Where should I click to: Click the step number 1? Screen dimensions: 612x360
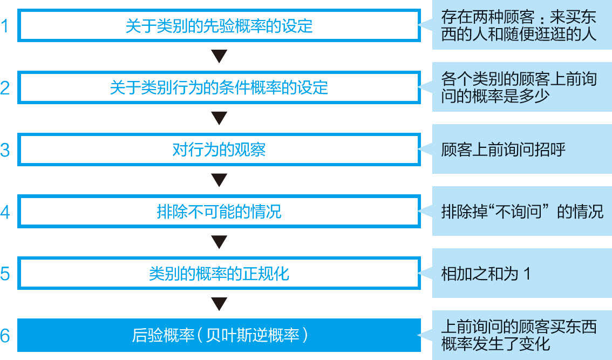tap(5, 26)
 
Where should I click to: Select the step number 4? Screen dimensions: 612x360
tap(5, 212)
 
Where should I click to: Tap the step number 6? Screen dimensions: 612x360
tap(5, 336)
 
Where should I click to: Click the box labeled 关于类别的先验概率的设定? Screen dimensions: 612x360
tap(219, 25)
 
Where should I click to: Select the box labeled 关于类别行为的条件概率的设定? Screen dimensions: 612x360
tap(219, 87)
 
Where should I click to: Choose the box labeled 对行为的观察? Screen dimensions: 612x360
tap(219, 150)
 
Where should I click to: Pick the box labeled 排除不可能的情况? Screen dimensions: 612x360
tap(219, 212)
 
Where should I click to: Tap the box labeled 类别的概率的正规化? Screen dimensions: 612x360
tap(219, 274)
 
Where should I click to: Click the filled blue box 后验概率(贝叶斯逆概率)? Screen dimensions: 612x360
tap(219, 336)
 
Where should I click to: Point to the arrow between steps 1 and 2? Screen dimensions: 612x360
tap(219, 56)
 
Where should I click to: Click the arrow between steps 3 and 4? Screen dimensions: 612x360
tap(219, 180)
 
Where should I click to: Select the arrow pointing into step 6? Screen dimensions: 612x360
tap(219, 304)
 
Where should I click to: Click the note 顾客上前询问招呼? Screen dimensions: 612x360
tap(521, 150)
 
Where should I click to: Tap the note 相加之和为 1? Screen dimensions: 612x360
tap(521, 274)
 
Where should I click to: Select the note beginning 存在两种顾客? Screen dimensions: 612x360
tap(521, 25)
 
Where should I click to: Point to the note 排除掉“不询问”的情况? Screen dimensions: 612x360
tap(521, 212)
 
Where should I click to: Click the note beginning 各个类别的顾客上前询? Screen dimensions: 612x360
tap(521, 87)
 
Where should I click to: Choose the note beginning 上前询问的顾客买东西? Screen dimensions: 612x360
tap(521, 336)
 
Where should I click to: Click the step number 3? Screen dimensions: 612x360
tap(5, 150)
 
